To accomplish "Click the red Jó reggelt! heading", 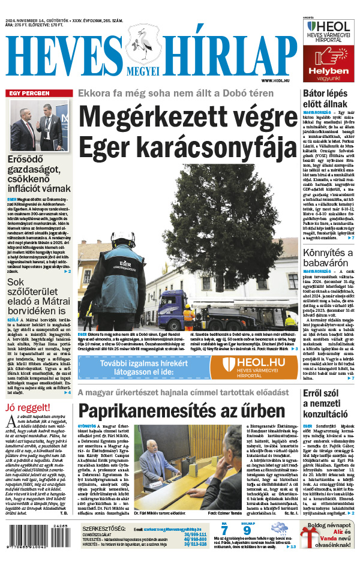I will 26,408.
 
